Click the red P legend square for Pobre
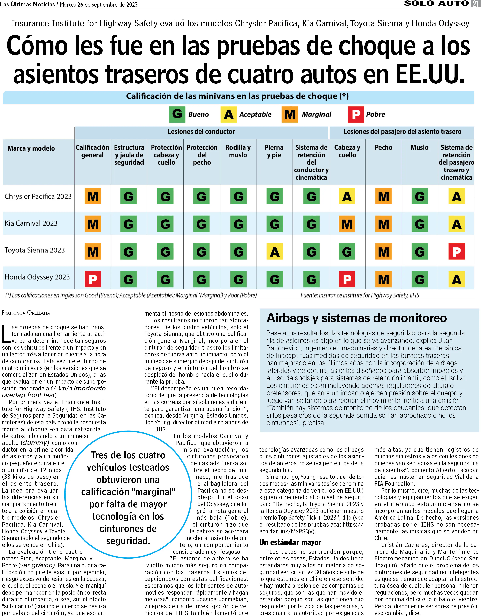click(356, 114)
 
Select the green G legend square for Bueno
click(177, 114)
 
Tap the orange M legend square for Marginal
click(289, 114)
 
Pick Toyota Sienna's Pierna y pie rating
click(275, 252)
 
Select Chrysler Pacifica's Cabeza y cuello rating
click(347, 196)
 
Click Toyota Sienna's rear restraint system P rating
click(457, 252)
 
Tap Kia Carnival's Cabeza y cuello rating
click(347, 224)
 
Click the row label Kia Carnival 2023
click(31, 223)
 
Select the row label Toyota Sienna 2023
click(35, 250)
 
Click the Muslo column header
click(419, 147)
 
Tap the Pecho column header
click(383, 147)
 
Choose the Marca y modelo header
click(31, 148)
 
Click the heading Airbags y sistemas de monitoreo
click(356, 318)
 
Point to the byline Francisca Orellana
click(26, 313)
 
